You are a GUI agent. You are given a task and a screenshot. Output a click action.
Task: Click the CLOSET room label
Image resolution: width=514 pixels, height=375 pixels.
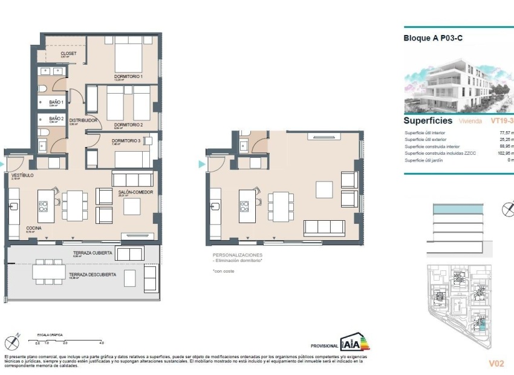[68, 53]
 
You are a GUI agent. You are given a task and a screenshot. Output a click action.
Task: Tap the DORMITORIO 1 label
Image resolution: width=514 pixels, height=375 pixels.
[128, 76]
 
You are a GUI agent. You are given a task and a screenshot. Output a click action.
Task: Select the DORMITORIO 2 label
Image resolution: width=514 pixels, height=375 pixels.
[128, 125]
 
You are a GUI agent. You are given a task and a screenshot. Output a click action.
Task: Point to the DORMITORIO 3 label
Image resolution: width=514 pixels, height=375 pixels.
[126, 142]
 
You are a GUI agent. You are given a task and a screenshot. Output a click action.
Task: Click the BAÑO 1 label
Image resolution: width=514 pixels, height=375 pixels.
[56, 102]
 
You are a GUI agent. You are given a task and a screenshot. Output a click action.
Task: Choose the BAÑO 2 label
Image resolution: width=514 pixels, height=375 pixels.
[56, 119]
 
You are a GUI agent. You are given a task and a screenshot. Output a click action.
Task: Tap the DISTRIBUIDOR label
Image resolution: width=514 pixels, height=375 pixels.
[83, 120]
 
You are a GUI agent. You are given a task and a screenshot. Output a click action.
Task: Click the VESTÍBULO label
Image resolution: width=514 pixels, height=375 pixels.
[22, 175]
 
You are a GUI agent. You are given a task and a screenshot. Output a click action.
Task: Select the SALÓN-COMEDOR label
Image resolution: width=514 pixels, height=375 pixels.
[135, 192]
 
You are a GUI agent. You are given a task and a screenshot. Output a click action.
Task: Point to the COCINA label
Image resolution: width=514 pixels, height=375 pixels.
[33, 228]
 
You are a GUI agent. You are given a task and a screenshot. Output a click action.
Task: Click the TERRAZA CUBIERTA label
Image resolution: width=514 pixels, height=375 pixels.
[93, 253]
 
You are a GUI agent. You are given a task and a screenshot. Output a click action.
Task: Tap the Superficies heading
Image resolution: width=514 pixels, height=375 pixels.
[428, 120]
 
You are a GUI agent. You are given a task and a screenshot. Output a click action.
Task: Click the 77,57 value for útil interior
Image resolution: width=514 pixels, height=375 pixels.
[506, 132]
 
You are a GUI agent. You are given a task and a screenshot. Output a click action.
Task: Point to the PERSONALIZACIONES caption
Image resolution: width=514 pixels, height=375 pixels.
[236, 255]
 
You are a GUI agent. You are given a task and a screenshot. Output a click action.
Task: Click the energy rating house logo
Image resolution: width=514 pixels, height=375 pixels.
[354, 343]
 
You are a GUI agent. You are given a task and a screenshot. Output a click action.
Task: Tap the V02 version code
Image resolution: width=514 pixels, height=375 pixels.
[496, 364]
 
